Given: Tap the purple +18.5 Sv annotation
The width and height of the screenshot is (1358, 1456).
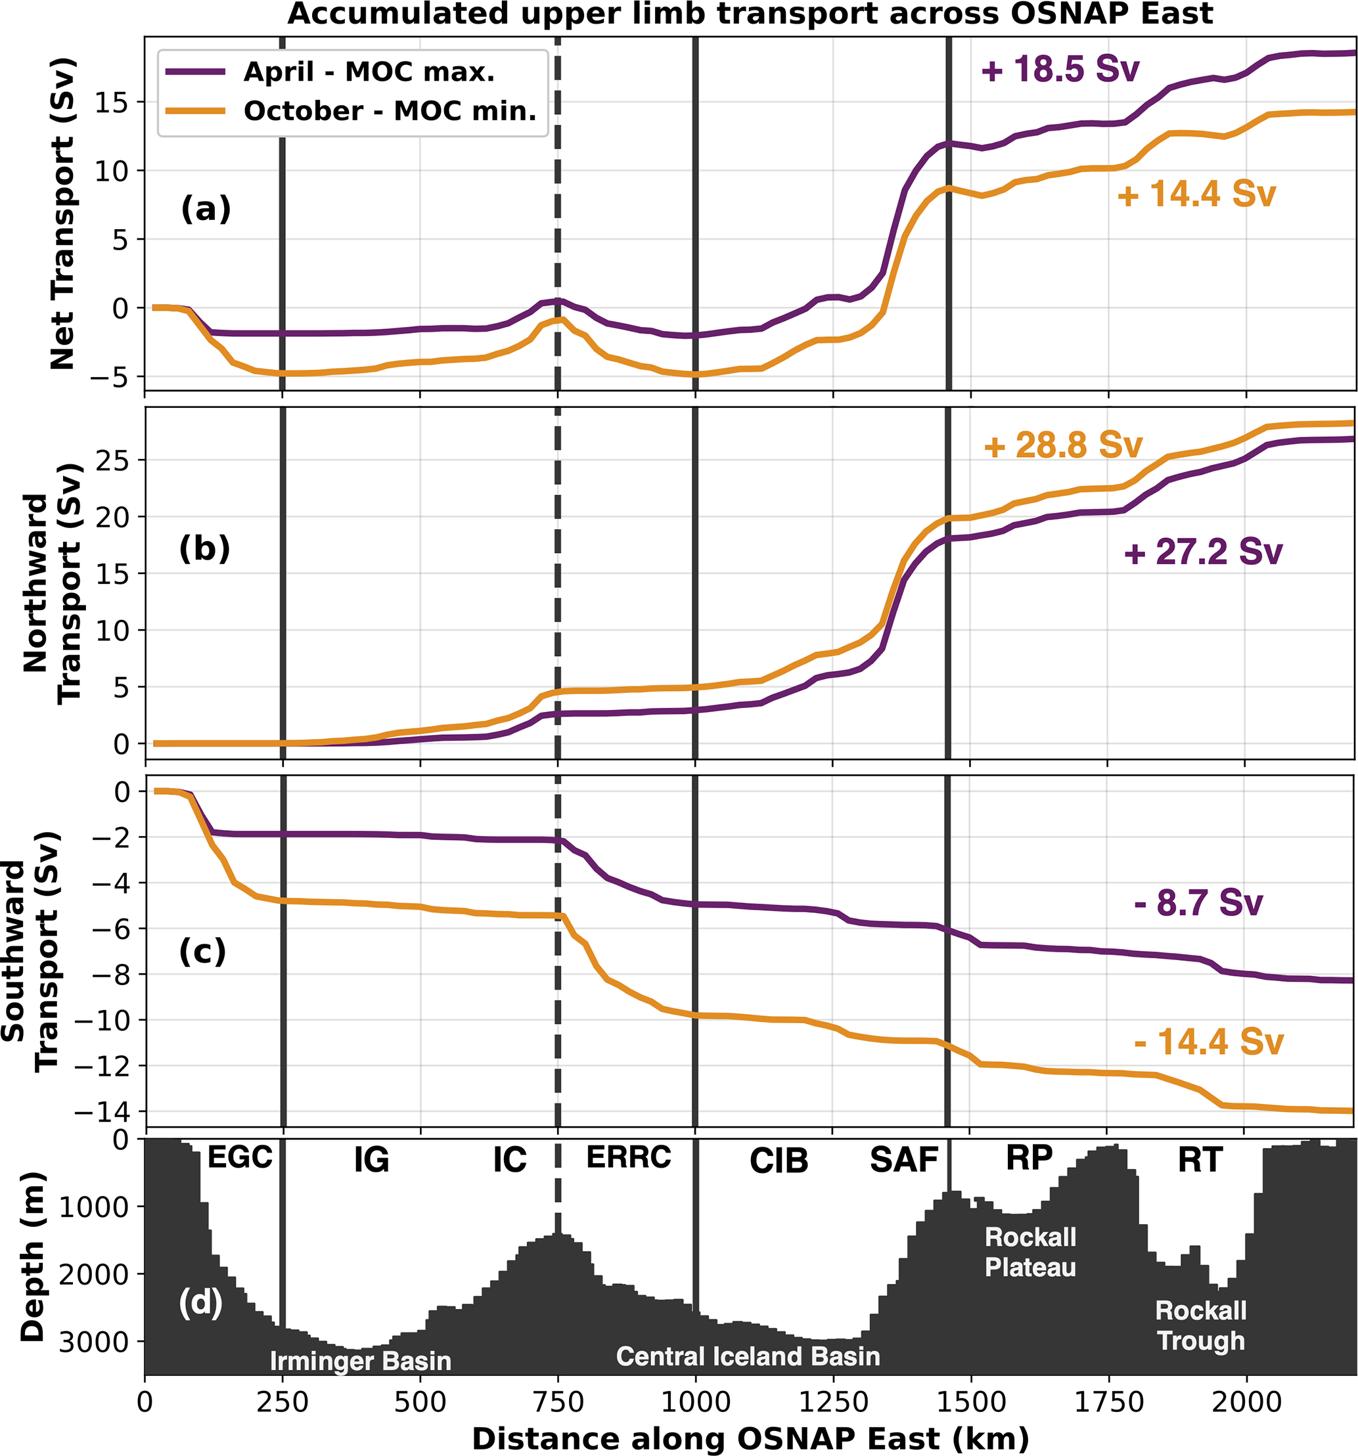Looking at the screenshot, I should tap(1060, 70).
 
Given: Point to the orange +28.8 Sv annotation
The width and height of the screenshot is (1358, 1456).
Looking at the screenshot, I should tap(1062, 446).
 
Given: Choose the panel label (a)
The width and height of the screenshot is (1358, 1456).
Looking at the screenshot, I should tap(205, 210).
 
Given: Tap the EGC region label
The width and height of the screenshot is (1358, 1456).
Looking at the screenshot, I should tap(240, 1158).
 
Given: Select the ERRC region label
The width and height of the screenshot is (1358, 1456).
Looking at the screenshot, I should tap(628, 1157).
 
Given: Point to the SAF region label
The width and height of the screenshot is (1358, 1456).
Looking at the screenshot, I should tap(903, 1160).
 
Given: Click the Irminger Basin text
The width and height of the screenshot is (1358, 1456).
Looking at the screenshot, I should tap(360, 1361).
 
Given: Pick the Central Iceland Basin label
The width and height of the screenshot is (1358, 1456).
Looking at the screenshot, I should tap(748, 1356).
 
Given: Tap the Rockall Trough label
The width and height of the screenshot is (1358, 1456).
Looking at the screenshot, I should tap(1200, 1325).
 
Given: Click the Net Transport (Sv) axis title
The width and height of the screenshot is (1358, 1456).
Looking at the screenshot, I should tap(63, 212).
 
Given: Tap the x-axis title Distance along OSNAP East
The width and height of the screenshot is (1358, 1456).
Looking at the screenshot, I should tap(750, 1438).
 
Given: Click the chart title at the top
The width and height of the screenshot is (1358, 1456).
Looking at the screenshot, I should tap(750, 14).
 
